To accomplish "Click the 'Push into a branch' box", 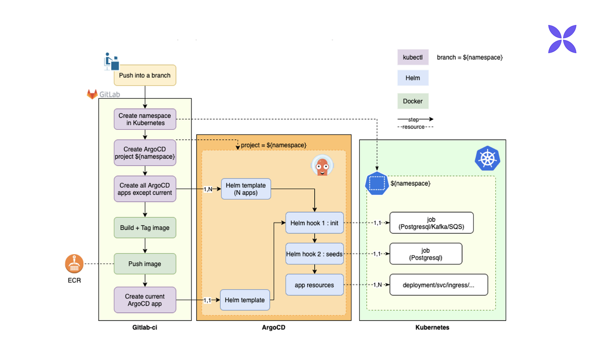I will coord(145,75).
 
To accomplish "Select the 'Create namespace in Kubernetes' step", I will coord(145,119).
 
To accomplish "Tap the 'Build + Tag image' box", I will coord(145,228).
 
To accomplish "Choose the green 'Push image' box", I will coord(145,264).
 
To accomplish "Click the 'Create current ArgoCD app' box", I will coord(145,300).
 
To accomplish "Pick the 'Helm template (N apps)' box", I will coord(246,189).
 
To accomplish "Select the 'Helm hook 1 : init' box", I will coord(314,223).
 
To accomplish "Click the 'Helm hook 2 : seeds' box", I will coord(314,254).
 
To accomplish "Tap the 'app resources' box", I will coord(314,285).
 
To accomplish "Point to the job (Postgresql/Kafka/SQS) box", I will coord(431,223).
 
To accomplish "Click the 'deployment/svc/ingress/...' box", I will coord(438,285).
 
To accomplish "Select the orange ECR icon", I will coord(74,264).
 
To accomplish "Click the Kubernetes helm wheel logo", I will coord(488,159).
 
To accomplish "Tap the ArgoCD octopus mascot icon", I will coord(322,166).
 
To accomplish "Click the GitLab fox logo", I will coord(92,94).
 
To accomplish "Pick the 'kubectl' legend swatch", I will coord(413,57).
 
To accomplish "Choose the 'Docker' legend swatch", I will coord(413,101).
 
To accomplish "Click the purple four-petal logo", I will coord(562,39).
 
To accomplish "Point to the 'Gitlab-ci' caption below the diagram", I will coord(144,328).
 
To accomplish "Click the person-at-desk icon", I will coord(111,61).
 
